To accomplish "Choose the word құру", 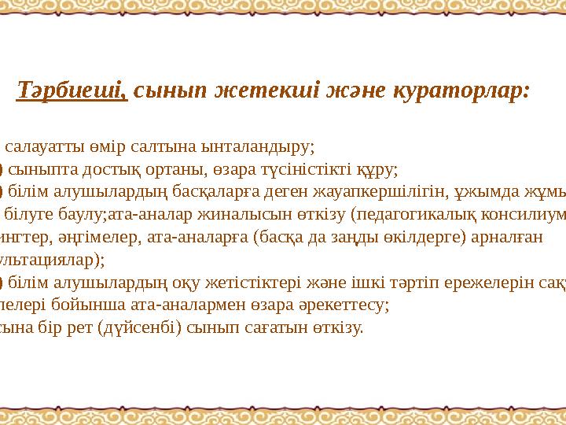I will (x=375, y=168).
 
